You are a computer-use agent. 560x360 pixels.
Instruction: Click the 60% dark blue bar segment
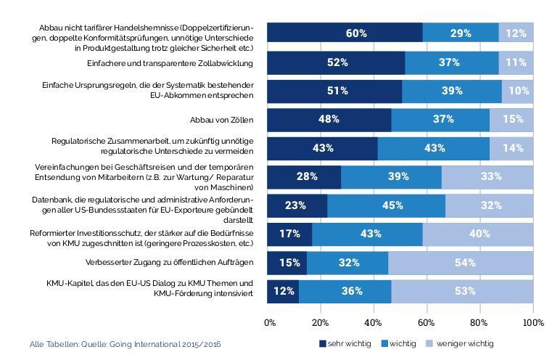[x=345, y=33]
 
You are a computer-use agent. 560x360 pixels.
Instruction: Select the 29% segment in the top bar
[x=461, y=33]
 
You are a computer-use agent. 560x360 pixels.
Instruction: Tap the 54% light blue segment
[x=464, y=262]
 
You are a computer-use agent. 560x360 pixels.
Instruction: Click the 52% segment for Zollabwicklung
[x=336, y=62]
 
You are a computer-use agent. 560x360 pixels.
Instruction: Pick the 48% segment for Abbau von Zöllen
[x=329, y=119]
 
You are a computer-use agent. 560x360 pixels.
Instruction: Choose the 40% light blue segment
[x=478, y=234]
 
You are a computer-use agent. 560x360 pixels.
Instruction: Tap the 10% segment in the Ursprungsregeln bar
[x=516, y=91]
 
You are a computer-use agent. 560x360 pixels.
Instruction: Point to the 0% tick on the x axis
[x=270, y=322]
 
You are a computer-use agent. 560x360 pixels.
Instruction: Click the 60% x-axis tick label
[x=427, y=322]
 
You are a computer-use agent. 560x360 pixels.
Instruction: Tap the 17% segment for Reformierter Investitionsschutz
[x=289, y=234]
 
